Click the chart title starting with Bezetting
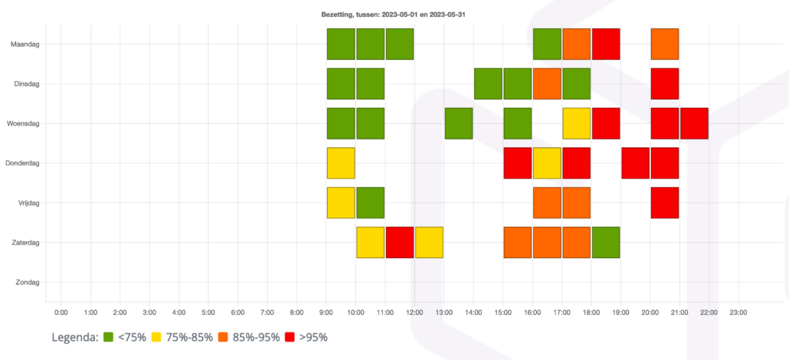[394, 15]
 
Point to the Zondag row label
[28, 283]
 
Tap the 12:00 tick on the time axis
[414, 313]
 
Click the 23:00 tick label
[738, 313]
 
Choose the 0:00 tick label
[61, 313]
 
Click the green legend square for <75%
[109, 337]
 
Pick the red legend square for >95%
[290, 337]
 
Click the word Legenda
[74, 337]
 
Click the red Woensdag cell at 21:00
[694, 123]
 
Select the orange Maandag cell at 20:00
[664, 44]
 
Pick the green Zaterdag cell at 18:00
[605, 243]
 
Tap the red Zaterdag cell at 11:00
[400, 243]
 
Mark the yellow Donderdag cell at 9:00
[341, 163]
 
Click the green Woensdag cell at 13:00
[458, 123]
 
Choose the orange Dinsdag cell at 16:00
[547, 83]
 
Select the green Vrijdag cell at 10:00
[370, 203]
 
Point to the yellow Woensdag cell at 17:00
[576, 123]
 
